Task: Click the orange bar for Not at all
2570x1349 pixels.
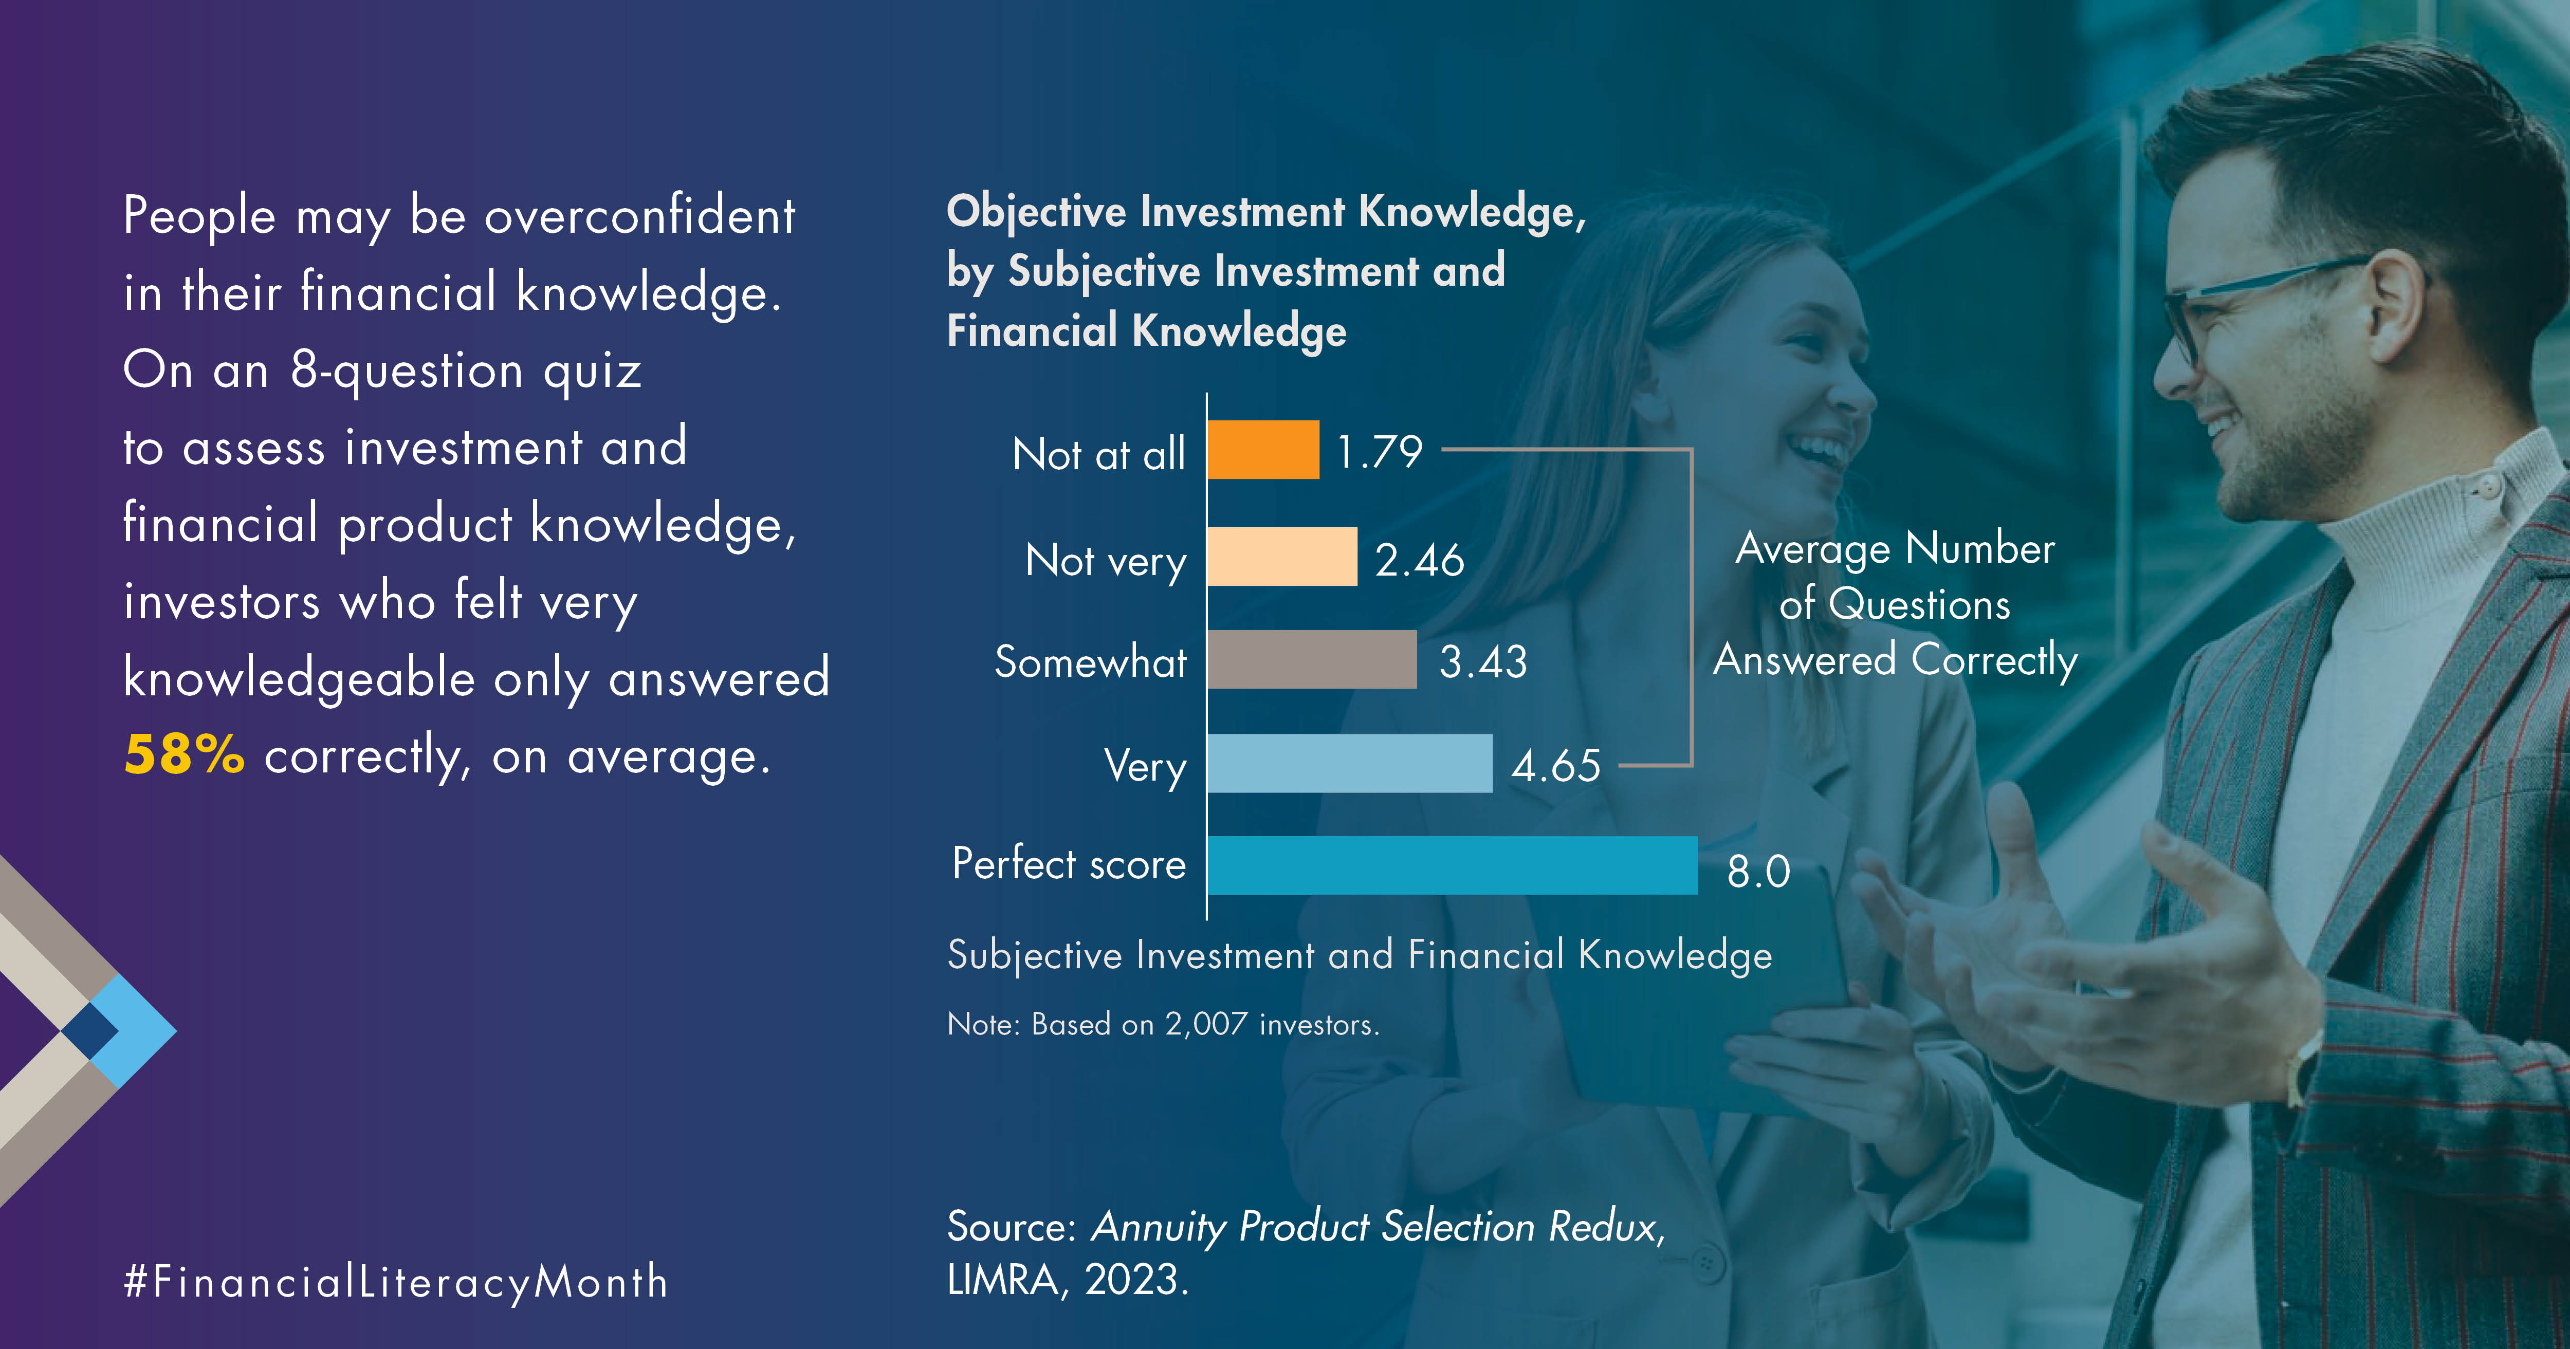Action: [1263, 450]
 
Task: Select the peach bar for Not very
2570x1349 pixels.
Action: [1282, 557]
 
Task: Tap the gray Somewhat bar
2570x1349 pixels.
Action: [1312, 659]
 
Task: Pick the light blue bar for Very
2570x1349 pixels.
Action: [1350, 763]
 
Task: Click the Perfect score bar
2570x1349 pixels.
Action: [1453, 865]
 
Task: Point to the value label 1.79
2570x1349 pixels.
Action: [1380, 452]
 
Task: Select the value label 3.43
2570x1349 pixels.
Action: [1483, 661]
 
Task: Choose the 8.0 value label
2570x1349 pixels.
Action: [1759, 871]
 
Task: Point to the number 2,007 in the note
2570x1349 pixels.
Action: [1206, 1025]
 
